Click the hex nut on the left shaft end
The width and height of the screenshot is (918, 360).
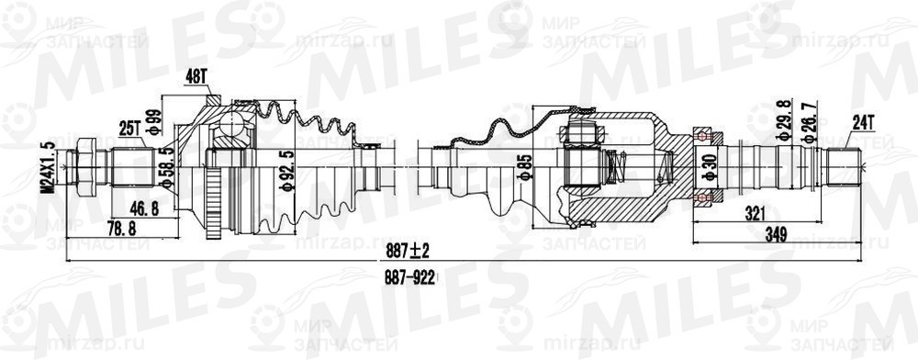[85, 168]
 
